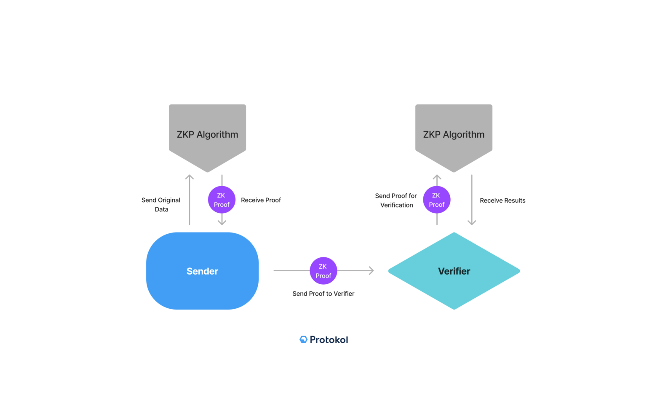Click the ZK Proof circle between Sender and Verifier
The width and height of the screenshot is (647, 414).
[x=323, y=271]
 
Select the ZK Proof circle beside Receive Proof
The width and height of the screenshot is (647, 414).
[x=222, y=200]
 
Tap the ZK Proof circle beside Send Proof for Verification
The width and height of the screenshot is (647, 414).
[x=437, y=200]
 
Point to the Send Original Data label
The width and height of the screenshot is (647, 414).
[x=161, y=204]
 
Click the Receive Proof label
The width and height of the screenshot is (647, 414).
[x=261, y=200]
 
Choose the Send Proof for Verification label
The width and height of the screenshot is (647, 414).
[x=396, y=200]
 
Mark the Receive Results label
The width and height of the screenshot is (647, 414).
[x=503, y=200]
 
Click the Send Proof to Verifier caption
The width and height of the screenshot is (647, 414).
[x=323, y=294]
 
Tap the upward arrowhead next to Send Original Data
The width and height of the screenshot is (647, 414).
[x=190, y=177]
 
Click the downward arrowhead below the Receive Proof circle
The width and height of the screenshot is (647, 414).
[x=222, y=222]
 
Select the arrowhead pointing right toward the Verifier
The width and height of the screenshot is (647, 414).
[x=371, y=270]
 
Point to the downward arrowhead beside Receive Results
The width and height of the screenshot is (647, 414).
[x=472, y=222]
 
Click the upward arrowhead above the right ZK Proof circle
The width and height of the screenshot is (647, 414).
[x=437, y=177]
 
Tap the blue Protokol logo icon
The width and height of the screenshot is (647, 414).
[x=303, y=339]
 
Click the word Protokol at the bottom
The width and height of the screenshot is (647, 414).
[x=329, y=339]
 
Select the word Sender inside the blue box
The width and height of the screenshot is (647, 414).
[x=202, y=271]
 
